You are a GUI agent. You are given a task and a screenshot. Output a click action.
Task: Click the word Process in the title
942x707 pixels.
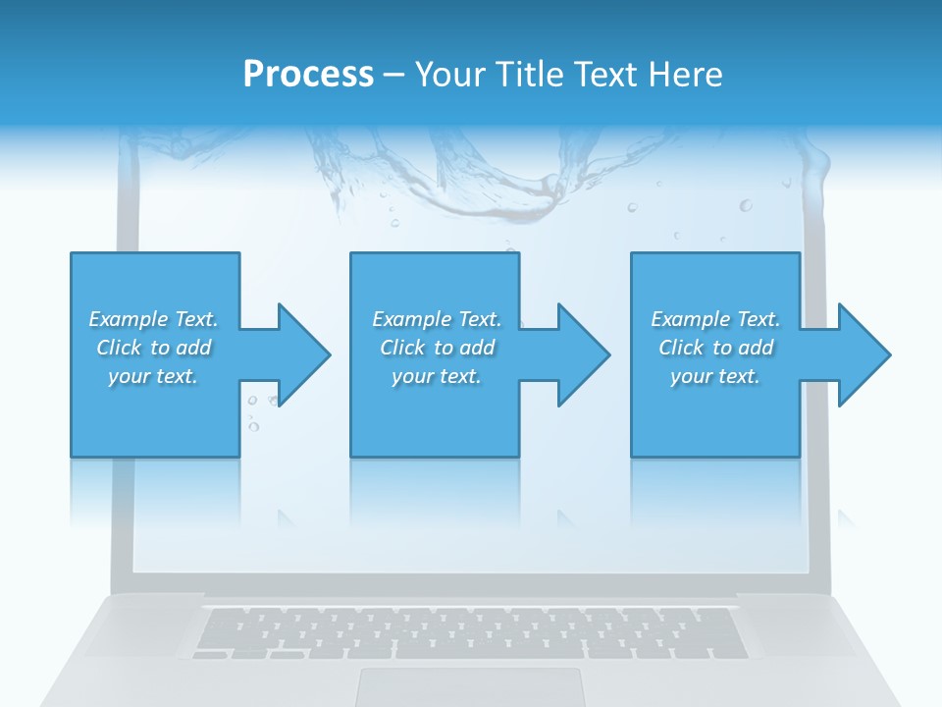308,75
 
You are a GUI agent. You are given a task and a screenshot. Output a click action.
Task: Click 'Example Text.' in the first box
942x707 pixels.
153,319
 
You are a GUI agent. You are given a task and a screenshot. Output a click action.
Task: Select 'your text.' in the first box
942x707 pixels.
153,376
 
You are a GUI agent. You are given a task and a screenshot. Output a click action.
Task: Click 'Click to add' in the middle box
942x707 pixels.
437,348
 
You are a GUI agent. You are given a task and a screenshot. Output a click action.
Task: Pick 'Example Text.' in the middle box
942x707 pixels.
437,319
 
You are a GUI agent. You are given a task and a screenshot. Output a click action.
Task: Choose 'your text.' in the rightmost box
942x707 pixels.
715,376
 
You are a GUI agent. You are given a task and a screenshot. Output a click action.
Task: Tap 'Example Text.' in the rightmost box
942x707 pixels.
715,319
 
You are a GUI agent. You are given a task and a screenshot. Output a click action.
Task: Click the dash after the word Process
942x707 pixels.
393,75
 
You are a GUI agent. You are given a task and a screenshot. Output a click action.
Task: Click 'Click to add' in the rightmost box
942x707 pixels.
715,348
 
